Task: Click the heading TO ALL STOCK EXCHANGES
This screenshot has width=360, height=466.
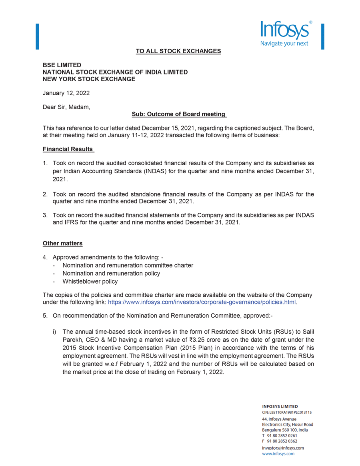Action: pos(178,51)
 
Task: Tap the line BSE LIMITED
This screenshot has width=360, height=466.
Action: pos(62,65)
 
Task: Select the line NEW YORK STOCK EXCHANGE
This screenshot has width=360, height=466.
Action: pos(89,79)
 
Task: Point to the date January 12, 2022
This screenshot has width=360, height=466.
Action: pos(66,93)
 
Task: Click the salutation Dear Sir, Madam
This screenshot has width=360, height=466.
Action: pos(66,107)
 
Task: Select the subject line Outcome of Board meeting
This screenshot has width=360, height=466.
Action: pos(179,114)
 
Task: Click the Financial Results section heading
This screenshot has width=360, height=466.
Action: pos(68,150)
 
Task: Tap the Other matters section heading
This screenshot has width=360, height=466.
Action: pos(63,243)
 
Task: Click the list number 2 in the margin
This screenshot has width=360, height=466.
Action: pos(45,194)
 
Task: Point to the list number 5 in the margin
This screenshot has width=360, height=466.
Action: pos(45,316)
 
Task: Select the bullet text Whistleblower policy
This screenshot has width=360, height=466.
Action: pos(90,282)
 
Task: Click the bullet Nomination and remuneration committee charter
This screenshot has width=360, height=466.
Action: pos(128,265)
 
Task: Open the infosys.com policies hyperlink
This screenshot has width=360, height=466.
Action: pos(202,302)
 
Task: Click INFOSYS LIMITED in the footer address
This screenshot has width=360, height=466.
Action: pos(280,407)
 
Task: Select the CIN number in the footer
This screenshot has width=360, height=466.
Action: pos(287,412)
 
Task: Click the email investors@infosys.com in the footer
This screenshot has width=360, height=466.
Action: pos(283,448)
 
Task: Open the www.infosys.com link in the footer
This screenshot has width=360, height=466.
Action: pos(278,454)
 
